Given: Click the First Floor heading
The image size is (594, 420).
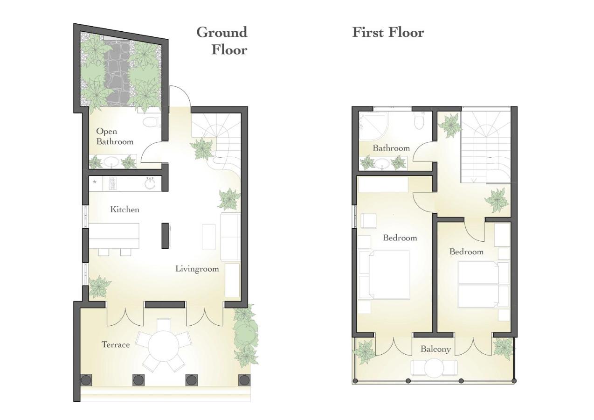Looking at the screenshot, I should (x=388, y=32).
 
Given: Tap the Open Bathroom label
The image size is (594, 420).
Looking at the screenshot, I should (x=114, y=136).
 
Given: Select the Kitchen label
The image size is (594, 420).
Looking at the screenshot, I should (x=124, y=210).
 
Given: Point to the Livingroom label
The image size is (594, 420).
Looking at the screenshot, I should (x=197, y=269).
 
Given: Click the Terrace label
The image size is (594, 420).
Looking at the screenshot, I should (x=116, y=345).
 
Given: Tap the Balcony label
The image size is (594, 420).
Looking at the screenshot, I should (x=435, y=349).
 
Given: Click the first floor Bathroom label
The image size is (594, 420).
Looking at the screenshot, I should (x=391, y=148).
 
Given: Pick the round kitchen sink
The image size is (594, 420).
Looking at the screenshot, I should (x=150, y=183).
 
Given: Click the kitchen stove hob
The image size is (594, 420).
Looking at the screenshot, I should (x=112, y=183).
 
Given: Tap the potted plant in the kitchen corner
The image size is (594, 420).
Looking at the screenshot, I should (x=99, y=286).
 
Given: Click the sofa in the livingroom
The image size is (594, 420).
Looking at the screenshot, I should (x=230, y=237).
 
